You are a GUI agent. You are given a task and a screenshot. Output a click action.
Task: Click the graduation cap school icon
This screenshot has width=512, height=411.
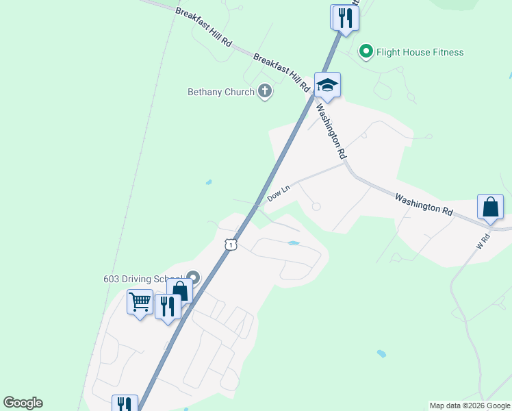(327, 84)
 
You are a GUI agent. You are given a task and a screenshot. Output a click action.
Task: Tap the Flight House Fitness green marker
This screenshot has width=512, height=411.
(366, 52)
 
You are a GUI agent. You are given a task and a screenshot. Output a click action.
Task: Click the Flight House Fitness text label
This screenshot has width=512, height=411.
(420, 52)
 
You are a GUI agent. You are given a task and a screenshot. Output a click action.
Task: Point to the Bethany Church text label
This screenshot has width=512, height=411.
(221, 92)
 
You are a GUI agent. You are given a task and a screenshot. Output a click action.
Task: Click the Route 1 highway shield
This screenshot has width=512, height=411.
(231, 245)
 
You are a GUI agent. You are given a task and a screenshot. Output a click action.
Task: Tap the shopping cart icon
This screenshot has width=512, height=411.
(140, 301)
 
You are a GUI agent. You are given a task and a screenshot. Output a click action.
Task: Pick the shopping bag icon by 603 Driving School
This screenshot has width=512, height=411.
(180, 292)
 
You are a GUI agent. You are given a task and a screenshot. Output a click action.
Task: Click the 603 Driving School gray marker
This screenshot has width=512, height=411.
(193, 278)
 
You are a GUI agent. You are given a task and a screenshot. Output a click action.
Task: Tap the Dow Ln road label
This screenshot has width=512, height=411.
(279, 192)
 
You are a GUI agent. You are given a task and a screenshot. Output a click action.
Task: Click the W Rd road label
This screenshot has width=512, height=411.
(483, 241)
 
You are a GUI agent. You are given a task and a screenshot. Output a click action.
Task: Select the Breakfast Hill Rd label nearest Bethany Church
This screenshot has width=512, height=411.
(281, 73)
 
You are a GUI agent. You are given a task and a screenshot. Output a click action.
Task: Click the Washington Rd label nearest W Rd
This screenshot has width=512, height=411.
(424, 205)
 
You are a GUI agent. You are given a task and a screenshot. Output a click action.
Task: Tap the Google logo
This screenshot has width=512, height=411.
(23, 403)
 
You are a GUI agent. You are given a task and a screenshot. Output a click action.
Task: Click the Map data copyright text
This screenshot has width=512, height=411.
(469, 406)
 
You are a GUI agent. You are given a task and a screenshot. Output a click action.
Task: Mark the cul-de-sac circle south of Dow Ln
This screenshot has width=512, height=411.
(316, 206)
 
